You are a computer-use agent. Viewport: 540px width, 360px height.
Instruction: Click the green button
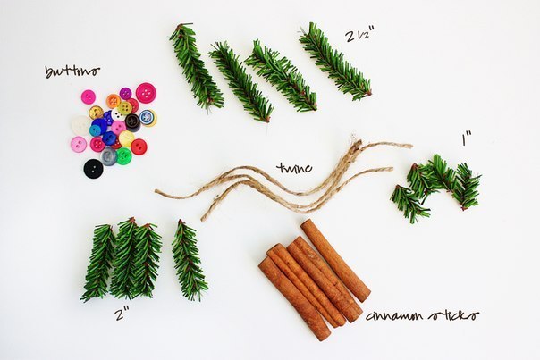pyautogui.click(x=124, y=156)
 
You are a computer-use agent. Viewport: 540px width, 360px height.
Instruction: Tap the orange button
pyautogui.click(x=114, y=101)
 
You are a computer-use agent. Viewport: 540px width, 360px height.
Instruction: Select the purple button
pyautogui.click(x=125, y=93)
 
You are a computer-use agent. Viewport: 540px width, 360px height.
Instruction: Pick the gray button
pyautogui.click(x=109, y=156)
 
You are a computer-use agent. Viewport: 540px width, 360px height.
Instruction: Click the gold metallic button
pyautogui.click(x=96, y=113)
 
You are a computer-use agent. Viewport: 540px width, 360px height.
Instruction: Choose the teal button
pyautogui.click(x=95, y=130)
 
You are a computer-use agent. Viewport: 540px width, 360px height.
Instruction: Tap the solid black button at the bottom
pyautogui.click(x=93, y=168)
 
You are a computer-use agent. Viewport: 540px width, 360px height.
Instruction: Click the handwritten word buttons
pyautogui.click(x=72, y=71)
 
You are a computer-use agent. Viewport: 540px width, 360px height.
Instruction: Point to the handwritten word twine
pyautogui.click(x=294, y=168)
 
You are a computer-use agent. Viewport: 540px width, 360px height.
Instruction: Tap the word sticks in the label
pyautogui.click(x=453, y=314)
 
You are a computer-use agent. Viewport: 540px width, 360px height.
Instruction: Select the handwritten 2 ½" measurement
pyautogui.click(x=359, y=36)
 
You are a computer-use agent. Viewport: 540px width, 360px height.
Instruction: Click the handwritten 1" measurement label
pyautogui.click(x=467, y=138)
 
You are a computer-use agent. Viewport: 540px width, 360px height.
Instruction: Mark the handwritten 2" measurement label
pyautogui.click(x=122, y=314)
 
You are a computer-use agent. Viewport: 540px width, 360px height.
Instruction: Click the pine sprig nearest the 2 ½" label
pyautogui.click(x=335, y=62)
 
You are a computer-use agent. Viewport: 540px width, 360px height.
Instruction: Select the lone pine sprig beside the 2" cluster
pyautogui.click(x=189, y=260)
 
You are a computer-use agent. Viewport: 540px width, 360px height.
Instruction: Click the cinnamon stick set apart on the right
pyautogui.click(x=335, y=261)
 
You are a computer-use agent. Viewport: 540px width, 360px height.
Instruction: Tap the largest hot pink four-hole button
pyautogui.click(x=146, y=93)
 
